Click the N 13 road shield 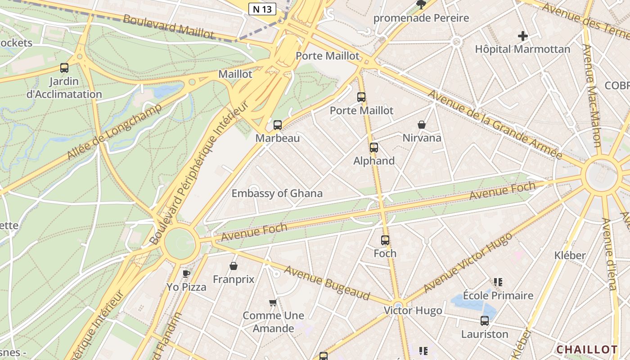point(262,9)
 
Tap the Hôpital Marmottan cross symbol point(522,36)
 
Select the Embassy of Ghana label point(277,193)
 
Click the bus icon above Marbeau point(278,125)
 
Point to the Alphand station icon point(373,147)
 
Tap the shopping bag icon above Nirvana point(422,125)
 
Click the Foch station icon point(385,240)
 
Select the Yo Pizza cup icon point(186,273)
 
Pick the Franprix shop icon point(234,266)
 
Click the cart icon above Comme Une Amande point(273,302)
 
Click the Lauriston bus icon point(485,321)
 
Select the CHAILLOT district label point(587,350)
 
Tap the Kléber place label point(570,255)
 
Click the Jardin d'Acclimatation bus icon point(64,68)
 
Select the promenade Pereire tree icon point(421,5)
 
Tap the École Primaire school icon point(498,282)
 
